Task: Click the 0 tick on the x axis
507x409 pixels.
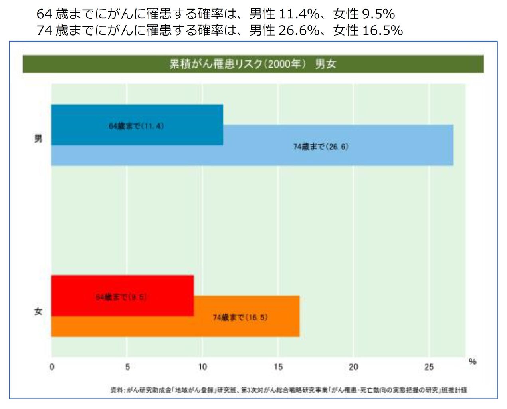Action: [52, 367]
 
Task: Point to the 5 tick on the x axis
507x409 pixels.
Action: [127, 367]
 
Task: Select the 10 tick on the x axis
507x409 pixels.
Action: [203, 367]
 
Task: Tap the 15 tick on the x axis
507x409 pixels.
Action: [278, 367]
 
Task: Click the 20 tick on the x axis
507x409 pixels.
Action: [354, 367]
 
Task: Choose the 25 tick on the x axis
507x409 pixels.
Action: [429, 367]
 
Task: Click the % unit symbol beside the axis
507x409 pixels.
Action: [473, 361]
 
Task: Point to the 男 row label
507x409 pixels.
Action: [38, 139]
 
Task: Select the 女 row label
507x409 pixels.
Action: [38, 311]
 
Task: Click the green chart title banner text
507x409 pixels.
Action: [253, 64]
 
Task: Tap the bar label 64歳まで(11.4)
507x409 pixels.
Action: [136, 126]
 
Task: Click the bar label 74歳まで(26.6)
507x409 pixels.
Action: [321, 147]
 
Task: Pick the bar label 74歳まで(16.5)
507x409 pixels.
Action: [240, 318]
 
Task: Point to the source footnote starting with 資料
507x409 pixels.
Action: [288, 390]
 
